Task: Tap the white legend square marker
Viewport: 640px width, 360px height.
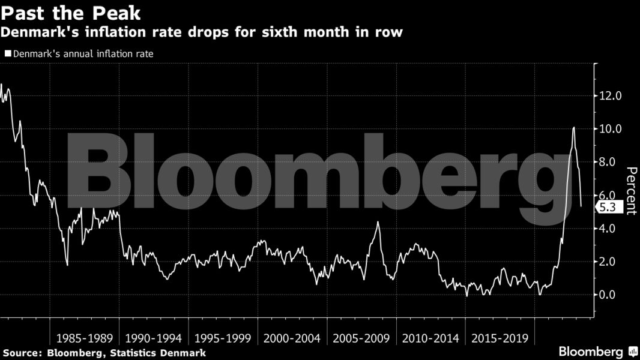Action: click(7, 53)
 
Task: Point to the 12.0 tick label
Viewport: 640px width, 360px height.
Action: click(611, 96)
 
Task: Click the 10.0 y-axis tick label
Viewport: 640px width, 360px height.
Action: click(611, 129)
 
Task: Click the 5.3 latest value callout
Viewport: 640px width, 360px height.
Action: click(609, 207)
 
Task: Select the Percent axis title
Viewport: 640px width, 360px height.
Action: click(630, 190)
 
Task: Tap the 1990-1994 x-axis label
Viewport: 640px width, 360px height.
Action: click(154, 338)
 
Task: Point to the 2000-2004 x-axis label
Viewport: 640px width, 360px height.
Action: click(292, 338)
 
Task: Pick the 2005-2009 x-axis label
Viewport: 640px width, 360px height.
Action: click(361, 338)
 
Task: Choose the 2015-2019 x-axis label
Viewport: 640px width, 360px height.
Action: click(500, 338)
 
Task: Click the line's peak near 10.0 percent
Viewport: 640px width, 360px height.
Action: click(574, 127)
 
